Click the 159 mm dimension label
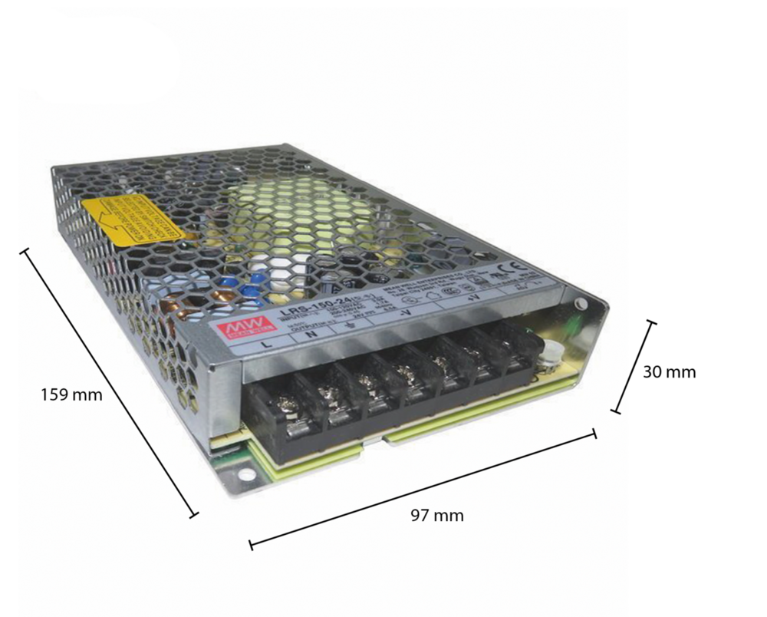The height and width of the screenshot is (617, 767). pyautogui.click(x=71, y=395)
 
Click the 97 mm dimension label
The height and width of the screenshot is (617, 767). pyautogui.click(x=437, y=515)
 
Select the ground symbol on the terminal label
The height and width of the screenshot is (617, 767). pyautogui.click(x=352, y=323)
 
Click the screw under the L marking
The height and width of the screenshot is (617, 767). pyautogui.click(x=289, y=405)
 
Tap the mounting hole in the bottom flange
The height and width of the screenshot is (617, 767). pyautogui.click(x=245, y=473)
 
